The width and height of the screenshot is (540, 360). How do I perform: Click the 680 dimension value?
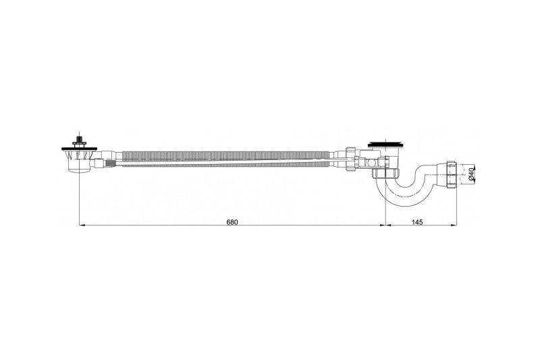tap(232, 222)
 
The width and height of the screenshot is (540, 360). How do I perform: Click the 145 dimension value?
tap(416, 222)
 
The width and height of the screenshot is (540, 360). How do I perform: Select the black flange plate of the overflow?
tap(80, 149)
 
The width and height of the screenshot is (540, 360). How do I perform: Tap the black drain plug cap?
tap(386, 143)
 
